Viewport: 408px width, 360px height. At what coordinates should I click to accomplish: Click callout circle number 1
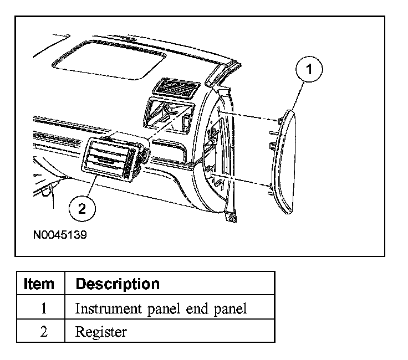click(x=310, y=70)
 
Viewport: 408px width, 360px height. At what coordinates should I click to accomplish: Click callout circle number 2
click(x=82, y=208)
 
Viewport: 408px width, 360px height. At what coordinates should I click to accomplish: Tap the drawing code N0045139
click(x=59, y=234)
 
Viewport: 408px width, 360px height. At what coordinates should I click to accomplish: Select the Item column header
click(x=40, y=284)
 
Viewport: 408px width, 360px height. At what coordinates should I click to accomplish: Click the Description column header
click(x=118, y=284)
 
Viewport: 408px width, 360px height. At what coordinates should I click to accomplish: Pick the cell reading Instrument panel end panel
click(x=161, y=308)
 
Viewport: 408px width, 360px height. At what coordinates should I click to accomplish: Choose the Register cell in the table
click(x=101, y=332)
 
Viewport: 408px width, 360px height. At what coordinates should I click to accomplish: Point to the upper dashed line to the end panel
click(x=249, y=117)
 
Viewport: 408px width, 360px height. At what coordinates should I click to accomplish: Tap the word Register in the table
click(x=101, y=332)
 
